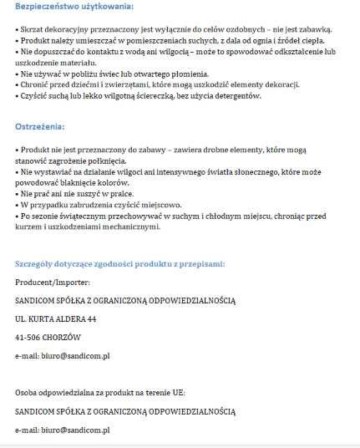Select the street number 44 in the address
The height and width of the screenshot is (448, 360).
91,318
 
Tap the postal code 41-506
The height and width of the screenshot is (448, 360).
31,337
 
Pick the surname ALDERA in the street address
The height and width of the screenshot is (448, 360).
69,318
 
